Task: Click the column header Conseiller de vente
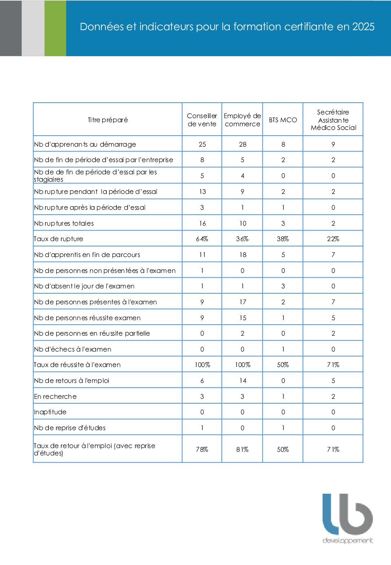202,120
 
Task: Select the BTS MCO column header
283,120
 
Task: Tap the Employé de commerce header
242,120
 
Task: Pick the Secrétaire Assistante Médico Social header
333,120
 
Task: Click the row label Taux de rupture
59,239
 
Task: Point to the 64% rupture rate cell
202,239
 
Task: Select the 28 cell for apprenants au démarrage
243,144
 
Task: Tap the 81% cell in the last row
242,449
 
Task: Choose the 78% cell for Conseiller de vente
202,449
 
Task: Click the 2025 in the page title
363,27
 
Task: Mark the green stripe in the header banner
55,28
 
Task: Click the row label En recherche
55,396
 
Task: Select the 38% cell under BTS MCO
283,239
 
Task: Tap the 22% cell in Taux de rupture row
333,239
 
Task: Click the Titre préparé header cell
108,120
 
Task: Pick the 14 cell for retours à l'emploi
243,380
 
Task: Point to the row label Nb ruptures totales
64,223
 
